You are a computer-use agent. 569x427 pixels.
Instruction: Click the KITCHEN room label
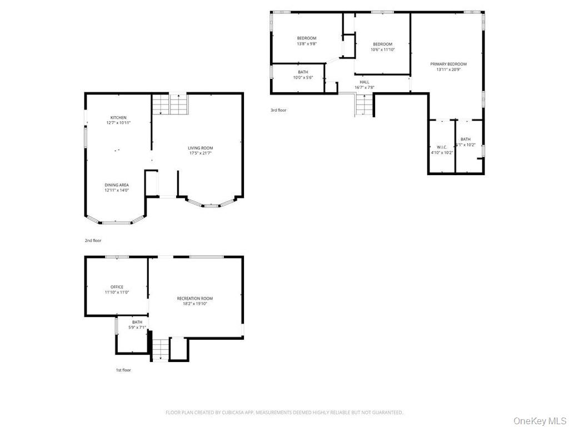coord(118,118)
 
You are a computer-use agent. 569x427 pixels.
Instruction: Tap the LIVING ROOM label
coord(200,148)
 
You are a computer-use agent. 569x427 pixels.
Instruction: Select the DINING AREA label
coord(117,185)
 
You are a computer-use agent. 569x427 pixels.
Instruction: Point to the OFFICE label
coord(117,287)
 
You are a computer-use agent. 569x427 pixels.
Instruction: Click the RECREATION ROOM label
coord(194,299)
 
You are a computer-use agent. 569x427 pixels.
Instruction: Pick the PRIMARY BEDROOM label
coord(448,64)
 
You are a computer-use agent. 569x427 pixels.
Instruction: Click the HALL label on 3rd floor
coord(364,82)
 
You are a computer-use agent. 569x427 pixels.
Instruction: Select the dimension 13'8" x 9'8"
coord(306,44)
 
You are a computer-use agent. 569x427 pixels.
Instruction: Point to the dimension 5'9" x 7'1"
coord(137,327)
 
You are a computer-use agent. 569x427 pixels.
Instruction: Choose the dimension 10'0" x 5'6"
coord(303,77)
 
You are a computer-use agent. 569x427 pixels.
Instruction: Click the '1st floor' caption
coord(123,370)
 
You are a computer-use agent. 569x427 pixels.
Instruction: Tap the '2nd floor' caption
coord(93,241)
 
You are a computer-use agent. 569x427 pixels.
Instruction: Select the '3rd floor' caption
coord(278,110)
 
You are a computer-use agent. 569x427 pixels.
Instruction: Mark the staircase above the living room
coord(170,104)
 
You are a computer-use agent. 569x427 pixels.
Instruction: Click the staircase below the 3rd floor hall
coord(363,104)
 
